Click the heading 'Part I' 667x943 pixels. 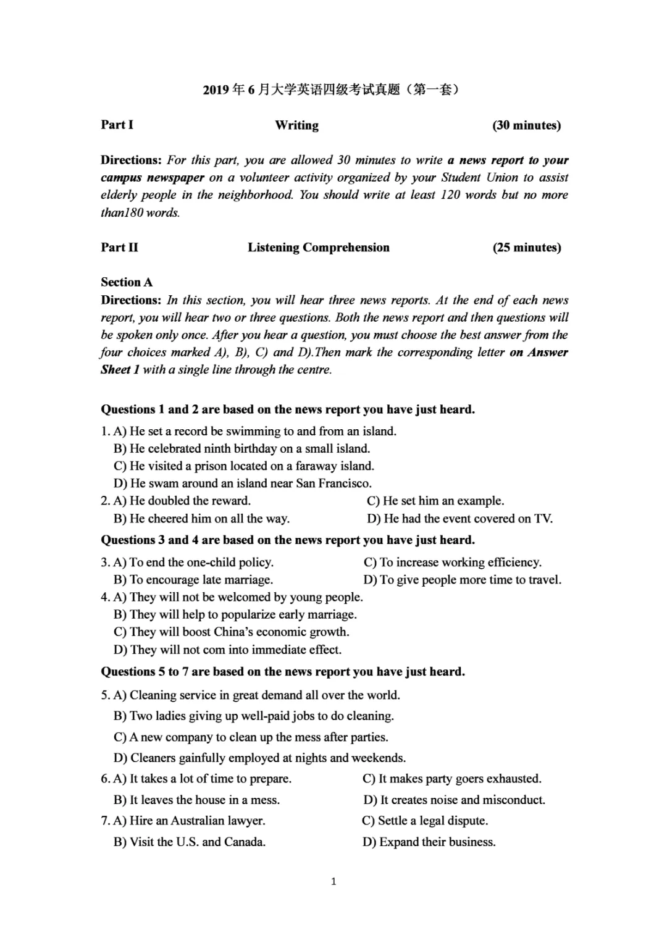[117, 125]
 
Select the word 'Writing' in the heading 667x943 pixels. [296, 125]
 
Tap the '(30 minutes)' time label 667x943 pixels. [526, 125]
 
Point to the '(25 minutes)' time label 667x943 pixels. [526, 248]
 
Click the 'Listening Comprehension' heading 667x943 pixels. [319, 248]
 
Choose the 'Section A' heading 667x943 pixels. [127, 282]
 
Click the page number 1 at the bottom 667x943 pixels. [333, 881]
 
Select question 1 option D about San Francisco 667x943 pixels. [243, 484]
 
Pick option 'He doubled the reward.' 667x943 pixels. [182, 501]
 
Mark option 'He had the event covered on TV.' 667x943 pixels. [460, 519]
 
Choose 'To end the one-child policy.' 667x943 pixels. [193, 563]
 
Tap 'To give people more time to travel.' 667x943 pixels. [463, 580]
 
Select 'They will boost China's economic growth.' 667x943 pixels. [232, 632]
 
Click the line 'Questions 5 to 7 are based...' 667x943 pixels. [283, 672]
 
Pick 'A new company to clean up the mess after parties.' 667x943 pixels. [251, 737]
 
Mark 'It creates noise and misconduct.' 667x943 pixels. [455, 800]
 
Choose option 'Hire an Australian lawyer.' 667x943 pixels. [190, 821]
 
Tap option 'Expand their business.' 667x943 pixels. [429, 842]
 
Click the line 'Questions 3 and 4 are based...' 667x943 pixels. [288, 540]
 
